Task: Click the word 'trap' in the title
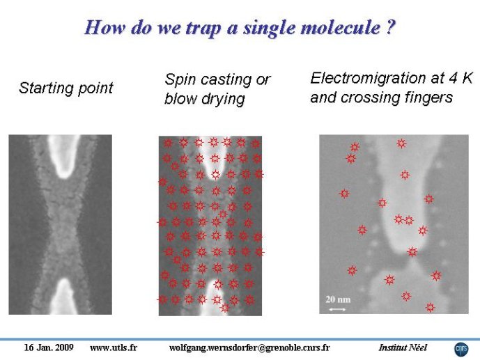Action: (x=203, y=28)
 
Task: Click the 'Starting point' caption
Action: (x=65, y=88)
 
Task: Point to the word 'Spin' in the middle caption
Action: (x=180, y=80)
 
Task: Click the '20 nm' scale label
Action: (x=338, y=299)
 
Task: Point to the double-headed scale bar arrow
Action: (x=337, y=310)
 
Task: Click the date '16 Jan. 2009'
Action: (x=49, y=347)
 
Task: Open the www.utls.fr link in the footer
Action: (x=114, y=347)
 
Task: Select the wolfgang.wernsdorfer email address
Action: (x=249, y=347)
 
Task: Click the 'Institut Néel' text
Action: (x=403, y=347)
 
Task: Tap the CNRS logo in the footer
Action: (x=461, y=349)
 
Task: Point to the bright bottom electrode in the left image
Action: (x=63, y=296)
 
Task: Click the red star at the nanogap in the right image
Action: (x=412, y=252)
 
